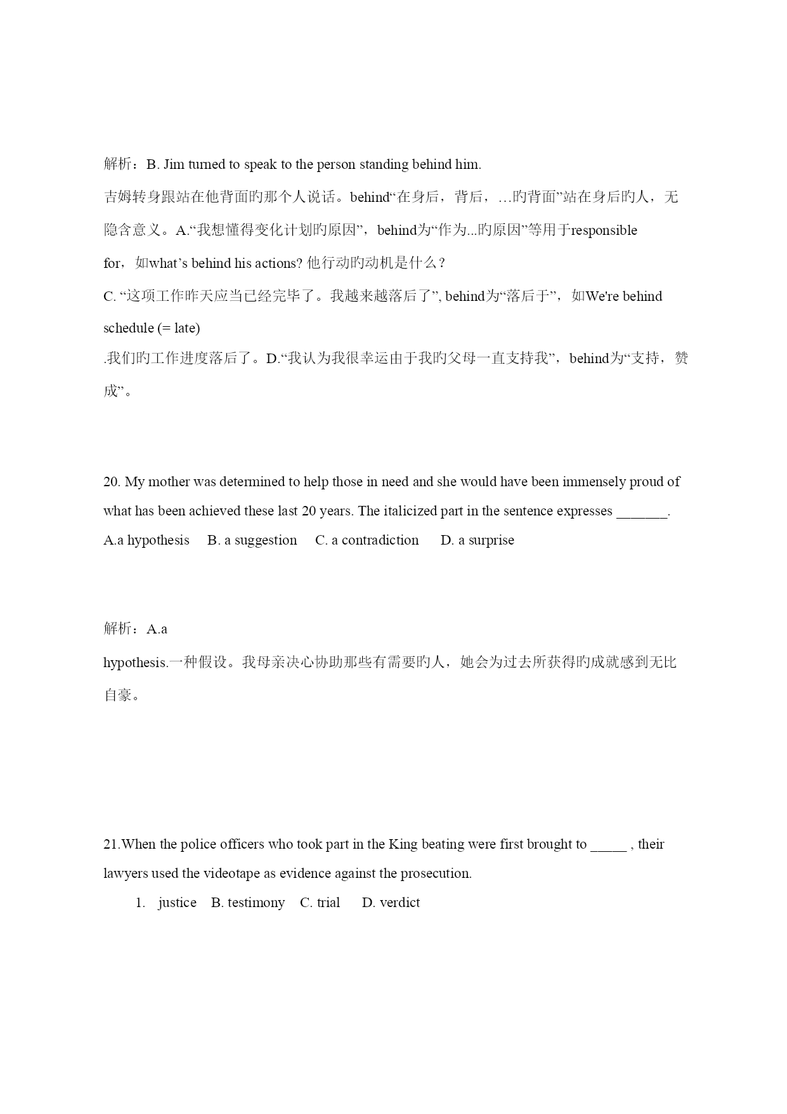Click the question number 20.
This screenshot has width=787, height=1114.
(112, 482)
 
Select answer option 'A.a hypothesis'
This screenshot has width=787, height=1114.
(146, 540)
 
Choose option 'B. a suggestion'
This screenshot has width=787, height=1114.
(252, 540)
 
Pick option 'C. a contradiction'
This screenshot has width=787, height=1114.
(367, 540)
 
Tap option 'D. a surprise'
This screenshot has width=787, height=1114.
(477, 540)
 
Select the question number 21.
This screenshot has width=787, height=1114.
(111, 844)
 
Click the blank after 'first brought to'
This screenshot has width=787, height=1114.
(608, 845)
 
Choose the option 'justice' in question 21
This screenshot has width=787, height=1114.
(177, 903)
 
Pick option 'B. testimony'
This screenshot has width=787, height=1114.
(248, 903)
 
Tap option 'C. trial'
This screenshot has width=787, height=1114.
(320, 903)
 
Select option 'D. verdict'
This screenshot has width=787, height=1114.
(391, 903)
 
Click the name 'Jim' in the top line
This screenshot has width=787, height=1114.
(174, 164)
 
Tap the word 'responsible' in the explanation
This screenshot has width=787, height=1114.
(604, 230)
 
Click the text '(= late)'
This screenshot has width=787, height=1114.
(178, 328)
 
